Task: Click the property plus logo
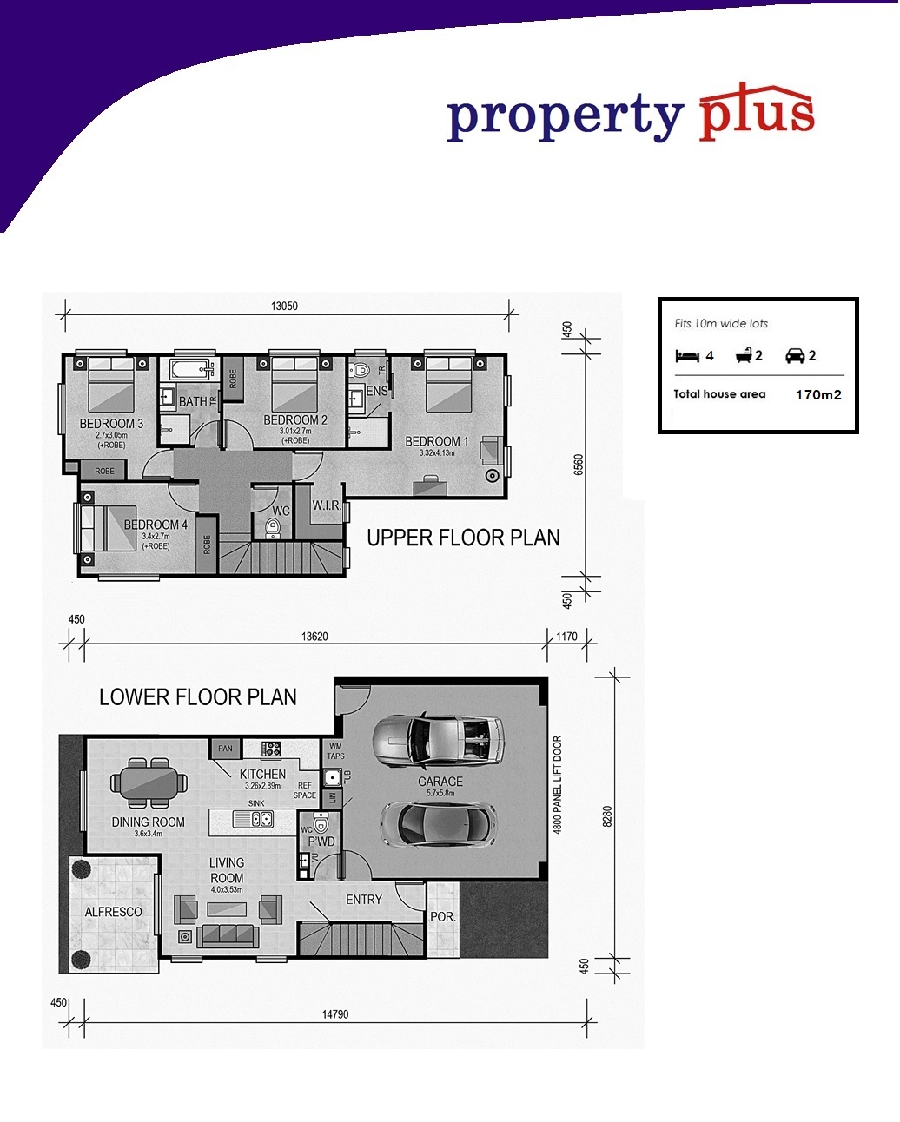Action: pyautogui.click(x=631, y=113)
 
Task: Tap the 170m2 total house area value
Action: pyautogui.click(x=818, y=394)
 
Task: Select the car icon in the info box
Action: pyautogui.click(x=795, y=355)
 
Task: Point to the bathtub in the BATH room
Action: pyautogui.click(x=191, y=369)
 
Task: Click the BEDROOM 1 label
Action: pyautogui.click(x=437, y=441)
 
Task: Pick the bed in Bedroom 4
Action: pyautogui.click(x=108, y=528)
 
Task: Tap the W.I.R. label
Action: pyautogui.click(x=327, y=505)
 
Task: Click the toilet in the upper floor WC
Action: pyautogui.click(x=273, y=528)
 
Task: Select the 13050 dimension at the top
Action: pyautogui.click(x=284, y=306)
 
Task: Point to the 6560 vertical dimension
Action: pyautogui.click(x=578, y=464)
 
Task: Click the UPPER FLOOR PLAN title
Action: pyautogui.click(x=463, y=538)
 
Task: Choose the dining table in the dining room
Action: pyautogui.click(x=149, y=783)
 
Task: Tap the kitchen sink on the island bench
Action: pyautogui.click(x=253, y=819)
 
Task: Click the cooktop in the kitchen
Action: pyautogui.click(x=271, y=749)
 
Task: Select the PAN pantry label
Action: pyautogui.click(x=225, y=749)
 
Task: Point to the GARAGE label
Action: pyautogui.click(x=440, y=781)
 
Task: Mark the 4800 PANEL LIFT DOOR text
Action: pyautogui.click(x=558, y=785)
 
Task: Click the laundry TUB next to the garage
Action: pyautogui.click(x=333, y=777)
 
